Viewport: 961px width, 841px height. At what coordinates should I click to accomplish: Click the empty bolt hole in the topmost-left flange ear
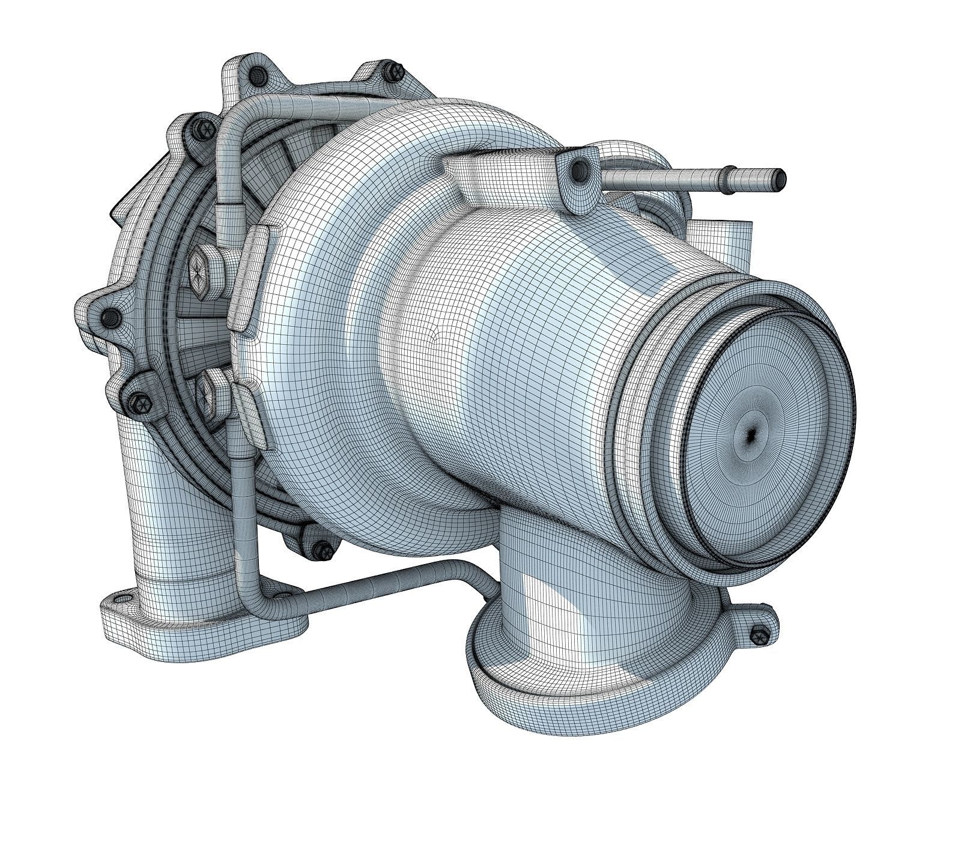pyautogui.click(x=258, y=75)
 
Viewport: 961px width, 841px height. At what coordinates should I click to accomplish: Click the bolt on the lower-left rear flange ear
pyautogui.click(x=136, y=399)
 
